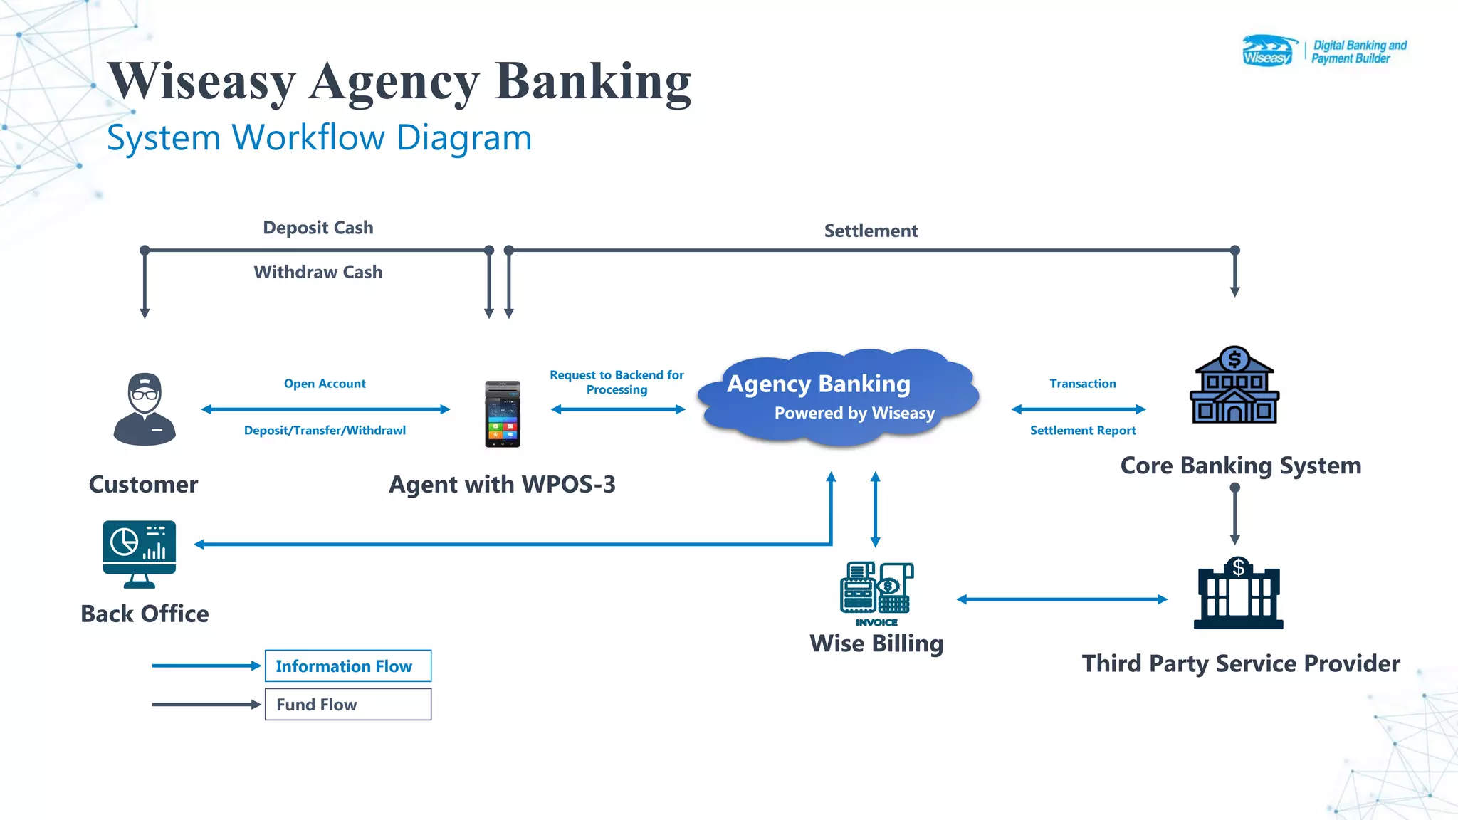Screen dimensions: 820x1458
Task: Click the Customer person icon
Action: click(145, 409)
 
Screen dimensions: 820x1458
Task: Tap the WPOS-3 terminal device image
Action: click(503, 414)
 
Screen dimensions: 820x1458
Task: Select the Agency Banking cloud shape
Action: click(839, 397)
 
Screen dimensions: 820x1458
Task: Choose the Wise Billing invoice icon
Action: click(876, 590)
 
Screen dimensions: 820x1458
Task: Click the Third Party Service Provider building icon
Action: click(1238, 594)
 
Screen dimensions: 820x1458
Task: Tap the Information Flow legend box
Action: click(347, 666)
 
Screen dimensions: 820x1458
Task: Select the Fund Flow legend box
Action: click(347, 705)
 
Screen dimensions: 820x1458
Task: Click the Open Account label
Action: click(325, 384)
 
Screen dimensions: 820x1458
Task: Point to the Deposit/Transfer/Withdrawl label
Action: click(325, 431)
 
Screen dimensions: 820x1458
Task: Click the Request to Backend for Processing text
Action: click(617, 382)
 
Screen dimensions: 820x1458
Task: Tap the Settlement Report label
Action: click(1082, 431)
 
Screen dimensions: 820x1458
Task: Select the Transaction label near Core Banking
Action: click(1082, 384)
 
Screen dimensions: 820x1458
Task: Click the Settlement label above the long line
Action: click(871, 231)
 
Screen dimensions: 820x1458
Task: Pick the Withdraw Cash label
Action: click(318, 273)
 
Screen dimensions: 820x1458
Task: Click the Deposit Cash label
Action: click(318, 228)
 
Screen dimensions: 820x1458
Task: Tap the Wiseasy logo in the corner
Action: click(1269, 51)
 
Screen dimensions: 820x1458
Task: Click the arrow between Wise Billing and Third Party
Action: click(1062, 599)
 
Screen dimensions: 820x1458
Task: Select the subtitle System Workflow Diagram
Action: click(319, 137)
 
